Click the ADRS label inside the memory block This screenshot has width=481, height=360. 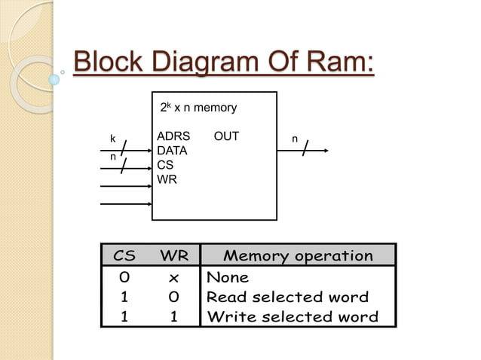coord(173,137)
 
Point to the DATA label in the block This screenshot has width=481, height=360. coord(172,151)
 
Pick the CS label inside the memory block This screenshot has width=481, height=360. coord(164,164)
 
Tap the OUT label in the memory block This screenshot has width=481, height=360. coord(226,137)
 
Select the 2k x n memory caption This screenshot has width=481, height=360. coord(199,108)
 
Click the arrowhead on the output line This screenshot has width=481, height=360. coord(326,151)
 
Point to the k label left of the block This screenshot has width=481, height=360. coord(112,139)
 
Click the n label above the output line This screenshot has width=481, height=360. coord(295,139)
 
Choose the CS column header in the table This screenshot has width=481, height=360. coord(124,255)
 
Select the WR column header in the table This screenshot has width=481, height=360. coord(173,255)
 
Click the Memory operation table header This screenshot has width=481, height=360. coord(298,255)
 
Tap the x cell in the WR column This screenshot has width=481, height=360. coord(173,277)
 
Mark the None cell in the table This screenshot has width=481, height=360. coord(228,277)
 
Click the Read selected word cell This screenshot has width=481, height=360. coord(287,297)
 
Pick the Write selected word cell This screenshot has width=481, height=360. coord(292,316)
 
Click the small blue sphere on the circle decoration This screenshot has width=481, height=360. coord(54,78)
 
